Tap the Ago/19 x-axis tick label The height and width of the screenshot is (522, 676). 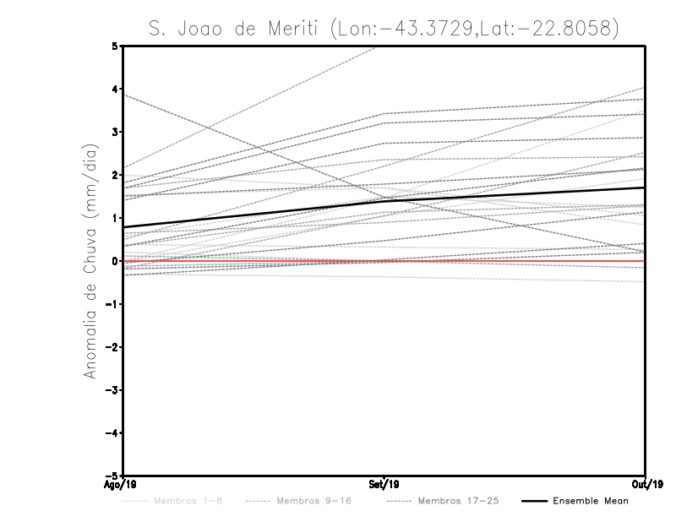tap(117, 485)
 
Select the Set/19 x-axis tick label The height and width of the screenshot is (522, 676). tap(384, 485)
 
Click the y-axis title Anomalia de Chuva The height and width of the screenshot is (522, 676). tap(90, 261)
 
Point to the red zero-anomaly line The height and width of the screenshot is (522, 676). tap(507, 261)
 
